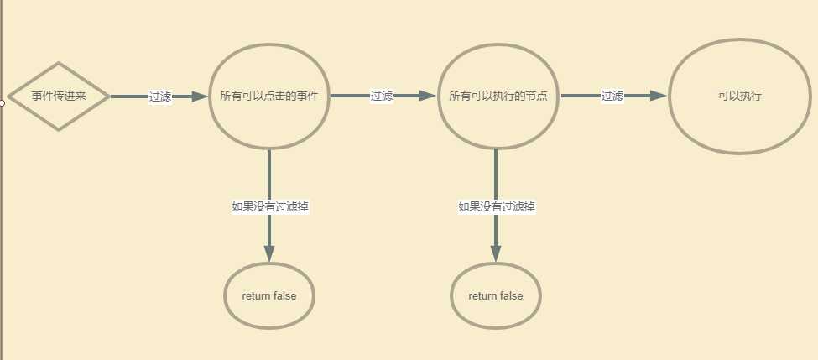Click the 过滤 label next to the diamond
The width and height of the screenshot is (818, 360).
tap(160, 97)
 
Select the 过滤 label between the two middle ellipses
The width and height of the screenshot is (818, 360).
tap(382, 96)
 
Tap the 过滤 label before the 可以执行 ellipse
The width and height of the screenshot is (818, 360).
tap(612, 96)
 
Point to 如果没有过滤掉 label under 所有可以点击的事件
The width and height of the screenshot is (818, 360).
tap(269, 206)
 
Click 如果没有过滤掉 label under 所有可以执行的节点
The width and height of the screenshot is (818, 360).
tap(497, 206)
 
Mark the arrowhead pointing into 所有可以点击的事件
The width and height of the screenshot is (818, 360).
tap(200, 97)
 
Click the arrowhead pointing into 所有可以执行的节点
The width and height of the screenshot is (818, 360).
tap(427, 96)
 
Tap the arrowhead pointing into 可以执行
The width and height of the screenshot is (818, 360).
tap(659, 96)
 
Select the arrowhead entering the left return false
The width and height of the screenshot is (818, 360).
tap(269, 253)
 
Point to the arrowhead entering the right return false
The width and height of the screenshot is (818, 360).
tap(496, 253)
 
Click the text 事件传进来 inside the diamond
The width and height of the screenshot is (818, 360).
tap(59, 97)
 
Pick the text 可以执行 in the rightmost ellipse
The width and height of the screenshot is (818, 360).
tap(740, 96)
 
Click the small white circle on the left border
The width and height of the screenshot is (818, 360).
tap(2, 102)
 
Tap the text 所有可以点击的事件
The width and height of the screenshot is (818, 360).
tap(269, 97)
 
